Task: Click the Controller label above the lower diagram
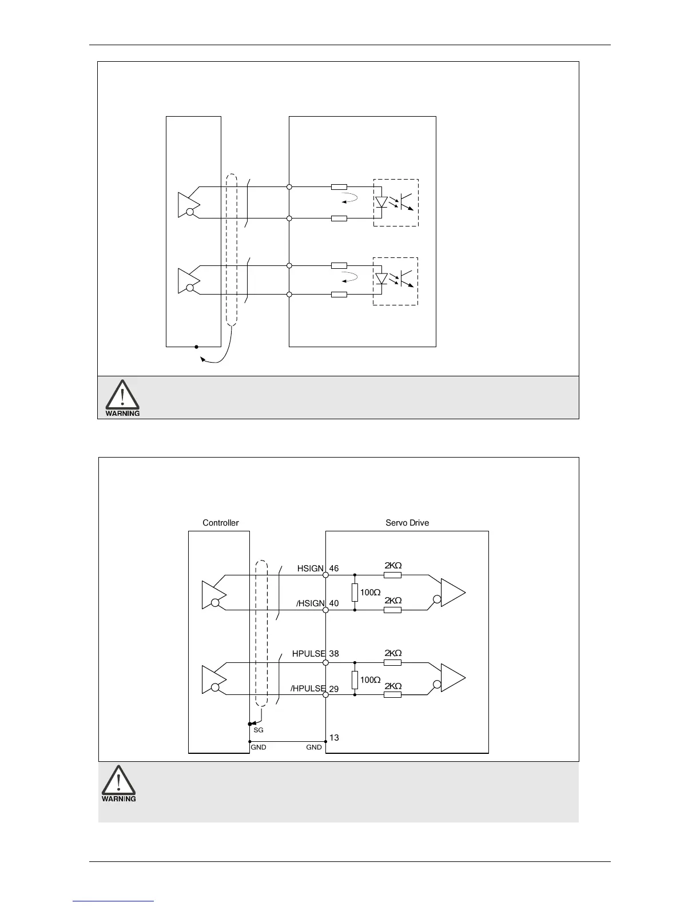pos(220,523)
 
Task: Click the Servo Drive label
pos(407,523)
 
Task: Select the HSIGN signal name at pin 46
pos(311,569)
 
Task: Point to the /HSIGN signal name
pos(310,603)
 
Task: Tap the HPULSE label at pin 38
pos(309,654)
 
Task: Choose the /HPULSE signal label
pos(308,689)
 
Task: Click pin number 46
pos(334,569)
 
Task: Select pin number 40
pos(334,603)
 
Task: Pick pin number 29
pos(334,689)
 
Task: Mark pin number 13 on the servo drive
pos(334,738)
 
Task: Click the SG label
pos(258,730)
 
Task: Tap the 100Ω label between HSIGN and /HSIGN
pos(371,593)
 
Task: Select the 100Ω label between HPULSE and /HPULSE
pos(371,680)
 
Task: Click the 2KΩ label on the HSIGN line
pos(393,566)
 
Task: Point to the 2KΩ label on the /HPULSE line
pos(393,686)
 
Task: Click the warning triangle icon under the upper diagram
pos(122,394)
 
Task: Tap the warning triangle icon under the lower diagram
pos(119,780)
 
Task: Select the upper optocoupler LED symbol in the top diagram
pos(381,202)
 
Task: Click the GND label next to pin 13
pos(314,748)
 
